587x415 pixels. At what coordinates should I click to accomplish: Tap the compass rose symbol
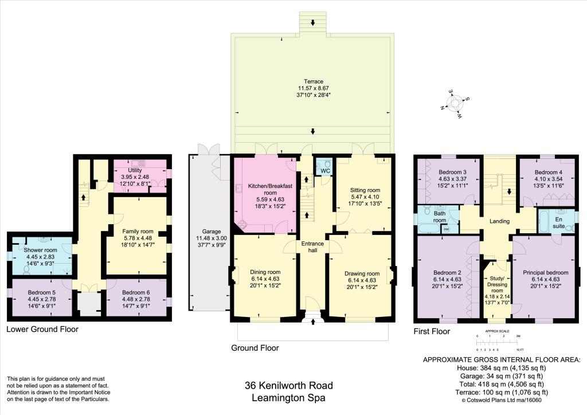pyautogui.click(x=456, y=103)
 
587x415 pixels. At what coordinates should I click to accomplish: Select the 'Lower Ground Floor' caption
pyautogui.click(x=42, y=329)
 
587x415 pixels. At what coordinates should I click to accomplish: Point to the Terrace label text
pyautogui.click(x=312, y=81)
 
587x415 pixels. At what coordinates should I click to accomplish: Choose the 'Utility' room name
pyautogui.click(x=135, y=170)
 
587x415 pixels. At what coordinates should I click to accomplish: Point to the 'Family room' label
pyautogui.click(x=136, y=232)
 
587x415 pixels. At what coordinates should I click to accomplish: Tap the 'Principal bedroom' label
pyautogui.click(x=545, y=273)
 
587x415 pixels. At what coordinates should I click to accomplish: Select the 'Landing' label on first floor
pyautogui.click(x=500, y=220)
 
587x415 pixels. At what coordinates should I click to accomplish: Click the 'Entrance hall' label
pyautogui.click(x=312, y=247)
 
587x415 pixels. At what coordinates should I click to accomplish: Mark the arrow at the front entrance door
pyautogui.click(x=313, y=322)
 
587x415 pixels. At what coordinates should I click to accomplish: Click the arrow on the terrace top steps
pyautogui.click(x=312, y=23)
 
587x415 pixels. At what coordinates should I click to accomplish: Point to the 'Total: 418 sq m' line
pyautogui.click(x=500, y=384)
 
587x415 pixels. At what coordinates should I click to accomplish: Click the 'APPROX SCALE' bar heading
pyautogui.click(x=498, y=331)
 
